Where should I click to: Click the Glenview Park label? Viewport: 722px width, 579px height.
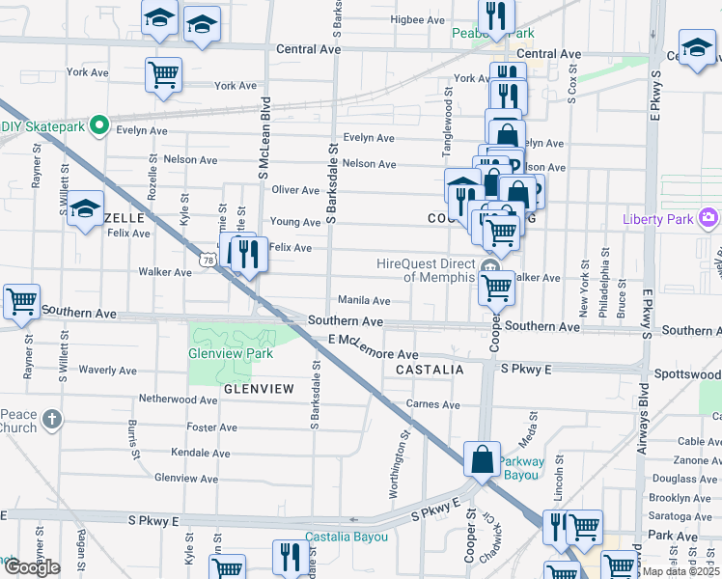click(x=231, y=353)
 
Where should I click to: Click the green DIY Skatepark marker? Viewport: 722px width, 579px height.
click(x=97, y=125)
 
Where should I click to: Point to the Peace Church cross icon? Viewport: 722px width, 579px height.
click(x=51, y=419)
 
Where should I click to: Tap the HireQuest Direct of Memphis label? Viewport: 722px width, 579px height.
click(x=425, y=270)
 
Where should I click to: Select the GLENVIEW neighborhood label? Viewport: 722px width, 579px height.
click(x=258, y=388)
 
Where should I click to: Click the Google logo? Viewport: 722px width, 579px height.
click(x=31, y=567)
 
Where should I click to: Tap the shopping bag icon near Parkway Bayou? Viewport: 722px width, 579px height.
click(x=482, y=460)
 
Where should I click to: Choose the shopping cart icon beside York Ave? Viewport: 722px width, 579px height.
click(x=164, y=74)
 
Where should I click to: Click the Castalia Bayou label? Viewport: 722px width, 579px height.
click(x=347, y=537)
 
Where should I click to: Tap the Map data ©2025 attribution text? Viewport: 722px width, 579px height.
click(x=681, y=571)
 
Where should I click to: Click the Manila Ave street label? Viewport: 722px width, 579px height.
click(x=363, y=301)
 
